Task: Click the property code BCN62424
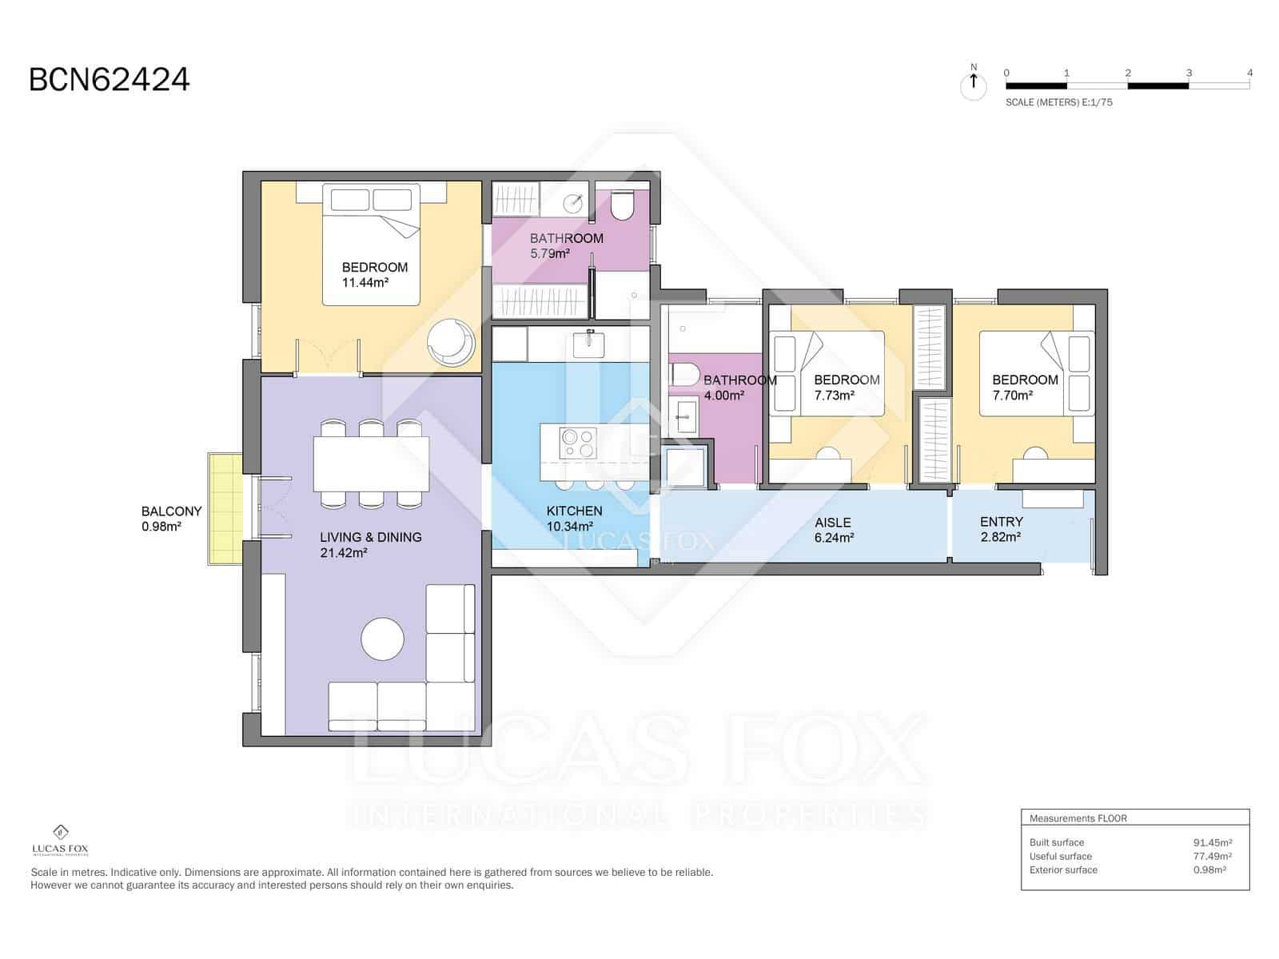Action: click(110, 80)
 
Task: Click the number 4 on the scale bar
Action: click(1249, 73)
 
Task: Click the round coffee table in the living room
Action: click(382, 639)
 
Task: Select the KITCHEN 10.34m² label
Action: click(573, 518)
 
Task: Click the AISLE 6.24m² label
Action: click(834, 530)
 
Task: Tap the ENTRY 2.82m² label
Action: click(1001, 529)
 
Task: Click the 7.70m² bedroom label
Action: click(1024, 387)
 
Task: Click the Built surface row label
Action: click(1056, 842)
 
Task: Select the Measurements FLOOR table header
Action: click(1078, 818)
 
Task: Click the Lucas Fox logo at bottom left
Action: click(60, 840)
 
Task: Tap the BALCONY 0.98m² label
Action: click(171, 518)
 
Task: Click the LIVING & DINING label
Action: click(370, 544)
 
